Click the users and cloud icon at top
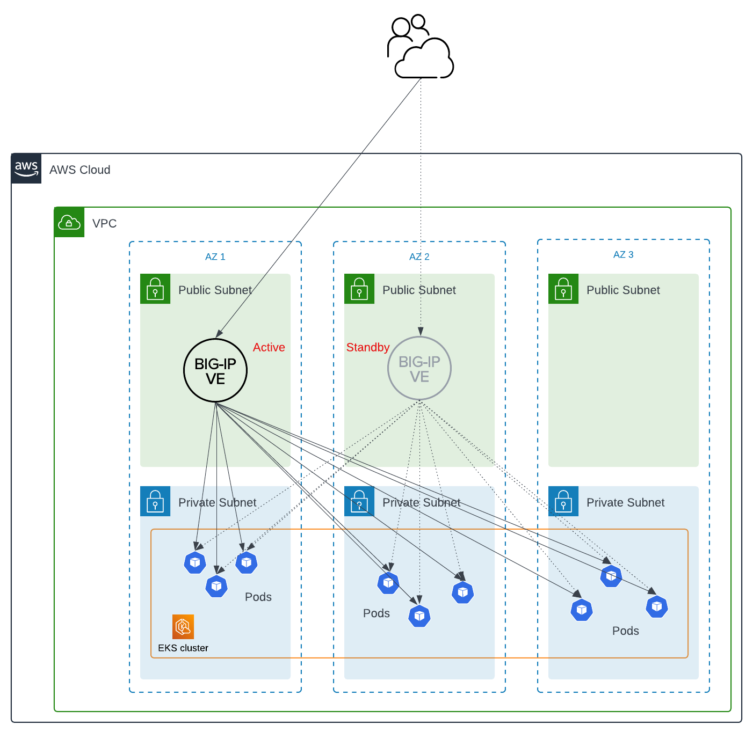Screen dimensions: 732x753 pyautogui.click(x=420, y=47)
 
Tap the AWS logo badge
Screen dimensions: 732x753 pyautogui.click(x=26, y=169)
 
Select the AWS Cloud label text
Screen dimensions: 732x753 pyautogui.click(x=79, y=170)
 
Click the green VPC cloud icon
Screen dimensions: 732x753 pyautogui.click(x=69, y=222)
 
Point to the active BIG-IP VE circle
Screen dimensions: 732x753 pyautogui.click(x=215, y=370)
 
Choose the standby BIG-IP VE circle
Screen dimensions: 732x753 pyautogui.click(x=419, y=369)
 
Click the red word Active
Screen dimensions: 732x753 pyautogui.click(x=269, y=347)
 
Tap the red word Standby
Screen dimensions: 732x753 pyautogui.click(x=367, y=347)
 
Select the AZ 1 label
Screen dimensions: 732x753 pyautogui.click(x=215, y=257)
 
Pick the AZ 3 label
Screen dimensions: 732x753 pyautogui.click(x=623, y=254)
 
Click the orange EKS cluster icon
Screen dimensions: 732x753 pyautogui.click(x=183, y=626)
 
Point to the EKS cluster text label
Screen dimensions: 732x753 pyautogui.click(x=183, y=648)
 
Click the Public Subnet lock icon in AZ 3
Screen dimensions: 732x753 pyautogui.click(x=563, y=289)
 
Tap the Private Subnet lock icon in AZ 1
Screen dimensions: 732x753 pyautogui.click(x=155, y=501)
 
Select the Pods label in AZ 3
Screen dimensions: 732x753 pyautogui.click(x=625, y=631)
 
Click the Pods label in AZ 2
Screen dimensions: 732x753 pyautogui.click(x=376, y=613)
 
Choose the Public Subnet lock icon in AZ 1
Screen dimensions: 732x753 pyautogui.click(x=155, y=289)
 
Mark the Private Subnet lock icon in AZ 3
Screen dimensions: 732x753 pyautogui.click(x=563, y=501)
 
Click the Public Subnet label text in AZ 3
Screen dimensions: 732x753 pyautogui.click(x=623, y=290)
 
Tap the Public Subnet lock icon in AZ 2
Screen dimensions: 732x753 pyautogui.click(x=359, y=289)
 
